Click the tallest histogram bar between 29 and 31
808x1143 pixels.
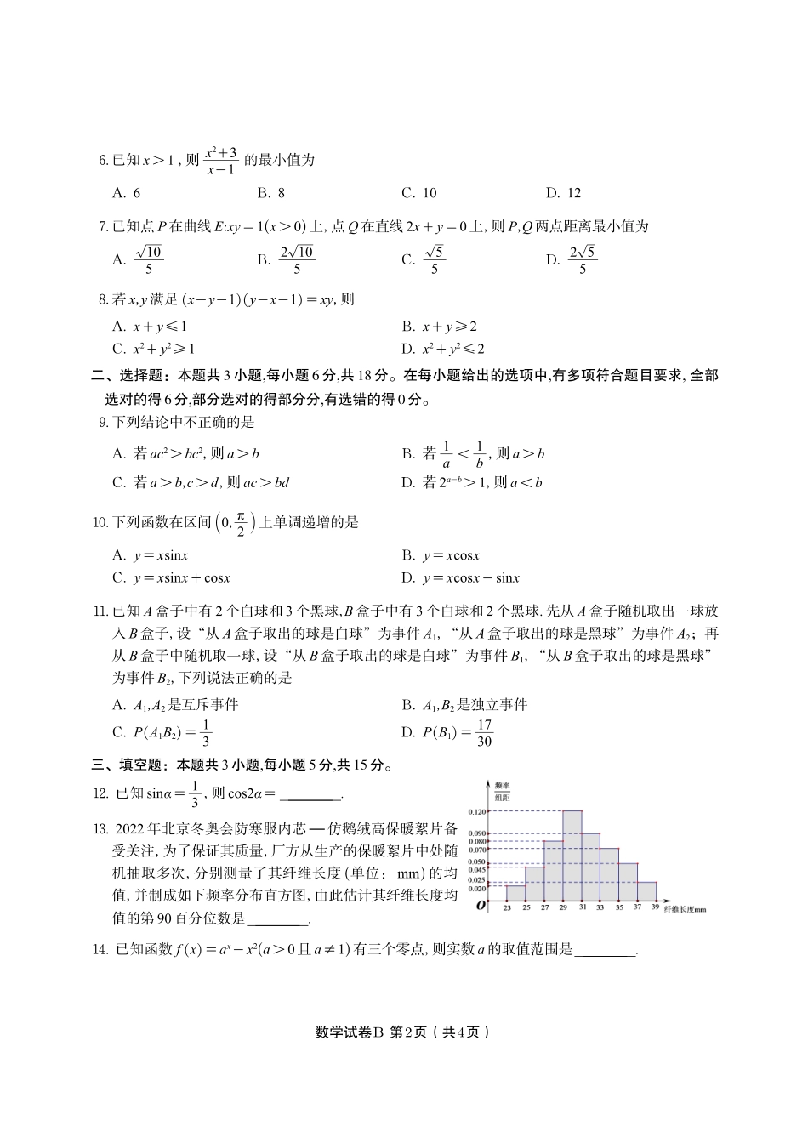tap(572, 855)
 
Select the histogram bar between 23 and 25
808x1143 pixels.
tap(516, 892)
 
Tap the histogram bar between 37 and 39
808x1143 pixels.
tap(647, 890)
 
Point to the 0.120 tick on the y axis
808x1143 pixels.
tap(479, 811)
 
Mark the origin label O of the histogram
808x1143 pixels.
tap(481, 907)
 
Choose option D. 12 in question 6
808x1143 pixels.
tap(563, 193)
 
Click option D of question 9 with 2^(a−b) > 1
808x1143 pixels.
tap(472, 483)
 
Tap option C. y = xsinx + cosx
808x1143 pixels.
tap(171, 578)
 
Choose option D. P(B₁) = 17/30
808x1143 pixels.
tap(447, 732)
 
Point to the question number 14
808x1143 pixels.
tap(100, 950)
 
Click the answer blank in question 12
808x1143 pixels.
tap(310, 796)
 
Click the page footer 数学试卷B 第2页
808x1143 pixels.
tap(403, 1032)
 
